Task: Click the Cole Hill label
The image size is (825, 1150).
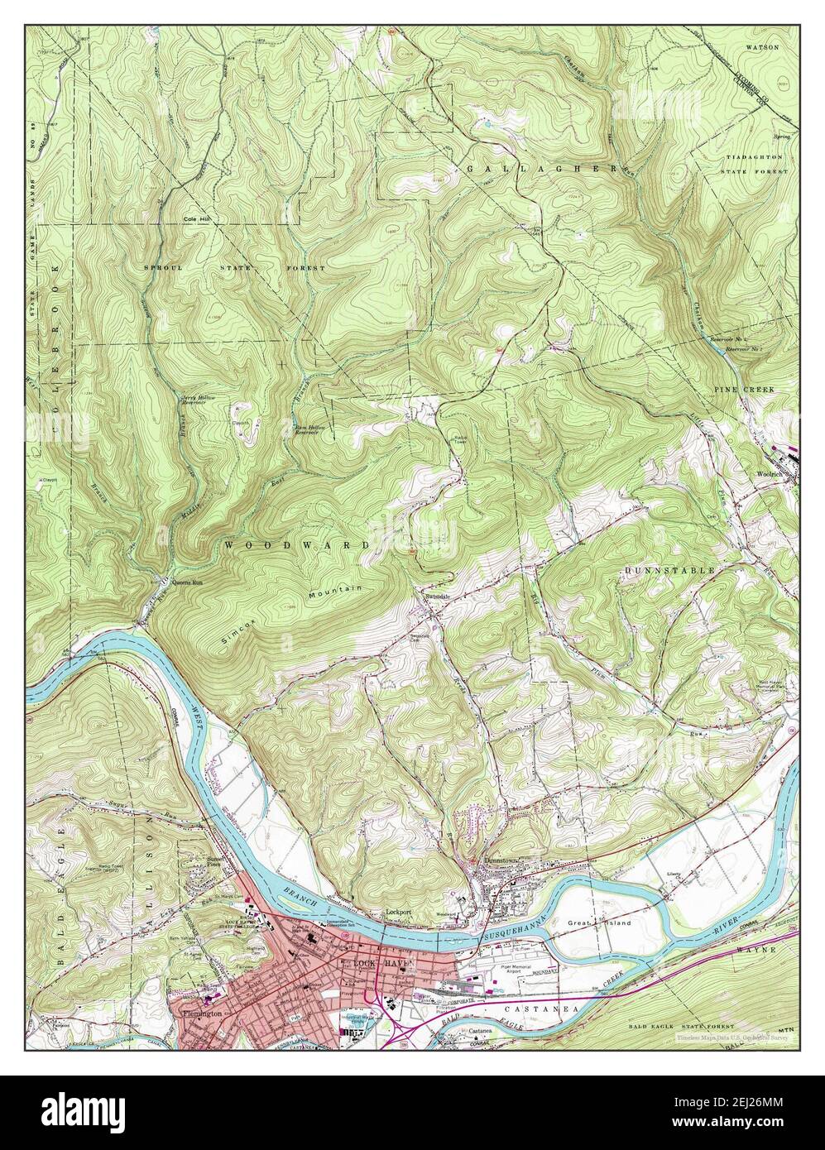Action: tap(199, 219)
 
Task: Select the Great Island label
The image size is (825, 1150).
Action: tap(588, 922)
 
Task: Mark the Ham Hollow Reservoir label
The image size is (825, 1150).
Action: tap(309, 429)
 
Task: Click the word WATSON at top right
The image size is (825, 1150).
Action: tap(761, 47)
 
